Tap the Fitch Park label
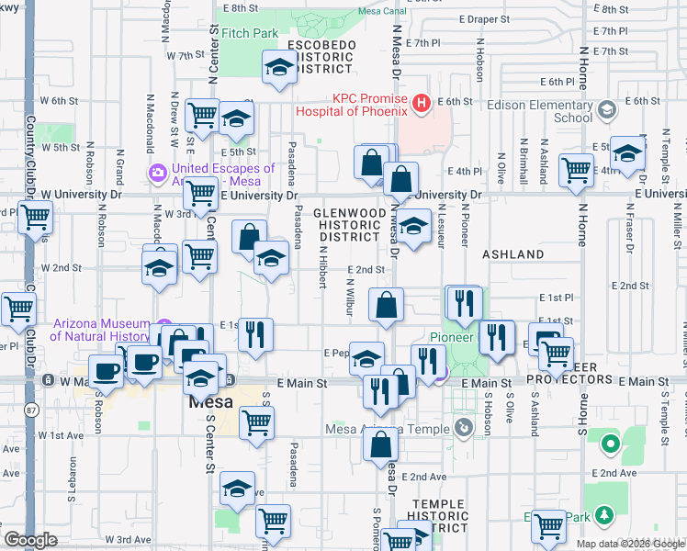coord(250,33)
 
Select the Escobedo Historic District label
coord(321,57)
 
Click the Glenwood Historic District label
coord(348,224)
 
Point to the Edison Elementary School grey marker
coord(606,111)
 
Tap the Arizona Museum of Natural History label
coord(101,330)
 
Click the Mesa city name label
coord(210,402)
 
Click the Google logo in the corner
coord(30,540)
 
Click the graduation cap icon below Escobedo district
coord(279,67)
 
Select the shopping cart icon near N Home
coord(576,169)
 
